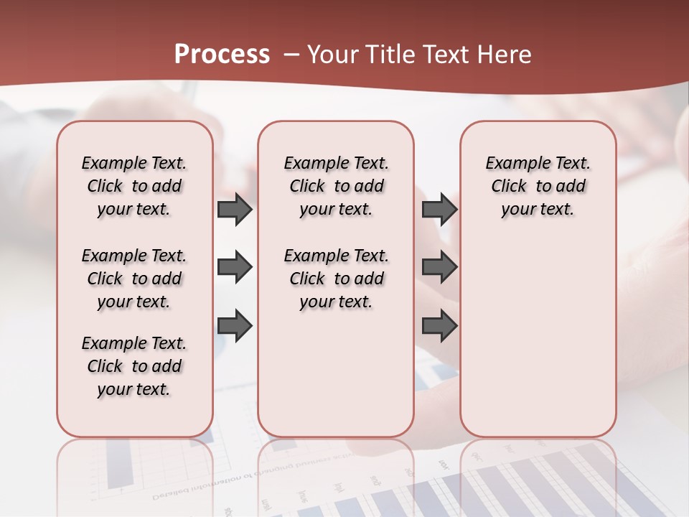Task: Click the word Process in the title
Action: pyautogui.click(x=222, y=55)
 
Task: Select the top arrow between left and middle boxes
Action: pyautogui.click(x=235, y=210)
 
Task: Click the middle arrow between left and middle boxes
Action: pyautogui.click(x=235, y=268)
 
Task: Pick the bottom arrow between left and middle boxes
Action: pyautogui.click(x=235, y=325)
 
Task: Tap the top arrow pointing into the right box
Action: pyautogui.click(x=439, y=210)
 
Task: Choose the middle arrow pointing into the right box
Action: pyautogui.click(x=439, y=268)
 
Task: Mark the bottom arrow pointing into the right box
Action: pyautogui.click(x=439, y=325)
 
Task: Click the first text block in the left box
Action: pyautogui.click(x=134, y=186)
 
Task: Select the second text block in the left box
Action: pyautogui.click(x=134, y=279)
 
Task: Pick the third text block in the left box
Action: pyautogui.click(x=134, y=366)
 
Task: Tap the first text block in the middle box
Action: pyautogui.click(x=336, y=186)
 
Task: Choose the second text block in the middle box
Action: pyautogui.click(x=336, y=279)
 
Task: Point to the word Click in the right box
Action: pyautogui.click(x=509, y=187)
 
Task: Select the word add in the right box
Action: pyautogui.click(x=571, y=187)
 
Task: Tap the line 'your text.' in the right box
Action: pyautogui.click(x=538, y=210)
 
